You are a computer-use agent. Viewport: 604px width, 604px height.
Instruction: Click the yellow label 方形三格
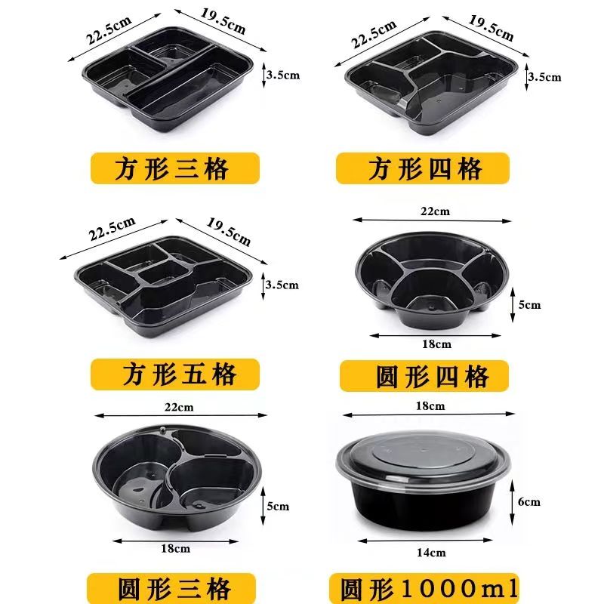click(x=175, y=168)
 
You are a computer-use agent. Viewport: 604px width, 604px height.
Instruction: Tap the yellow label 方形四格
click(x=423, y=168)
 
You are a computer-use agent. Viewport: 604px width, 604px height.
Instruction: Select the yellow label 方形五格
click(x=175, y=374)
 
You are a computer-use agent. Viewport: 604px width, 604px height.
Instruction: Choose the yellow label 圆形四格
click(x=424, y=376)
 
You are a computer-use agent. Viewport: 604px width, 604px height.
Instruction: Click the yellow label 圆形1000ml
click(x=424, y=588)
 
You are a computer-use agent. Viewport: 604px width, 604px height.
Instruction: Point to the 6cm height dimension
click(x=529, y=501)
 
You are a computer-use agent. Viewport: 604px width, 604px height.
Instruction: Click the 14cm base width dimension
click(x=431, y=553)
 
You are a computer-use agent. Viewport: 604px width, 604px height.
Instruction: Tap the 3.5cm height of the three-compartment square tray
click(x=282, y=75)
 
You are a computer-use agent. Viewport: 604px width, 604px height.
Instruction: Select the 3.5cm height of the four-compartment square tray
click(x=544, y=77)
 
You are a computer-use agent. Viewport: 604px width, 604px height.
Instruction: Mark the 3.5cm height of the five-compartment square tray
click(x=282, y=285)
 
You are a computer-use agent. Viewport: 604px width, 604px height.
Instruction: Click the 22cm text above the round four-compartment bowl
click(x=436, y=211)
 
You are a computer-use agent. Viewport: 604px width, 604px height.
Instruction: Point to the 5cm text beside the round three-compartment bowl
click(x=278, y=506)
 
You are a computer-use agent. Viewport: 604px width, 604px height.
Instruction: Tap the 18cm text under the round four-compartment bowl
click(x=436, y=344)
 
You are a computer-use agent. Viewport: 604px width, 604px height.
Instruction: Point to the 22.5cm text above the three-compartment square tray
click(x=109, y=30)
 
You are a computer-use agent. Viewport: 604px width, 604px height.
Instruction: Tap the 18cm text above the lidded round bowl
click(x=430, y=405)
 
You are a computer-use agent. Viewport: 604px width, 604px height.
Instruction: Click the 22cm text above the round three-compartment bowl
click(x=179, y=407)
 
